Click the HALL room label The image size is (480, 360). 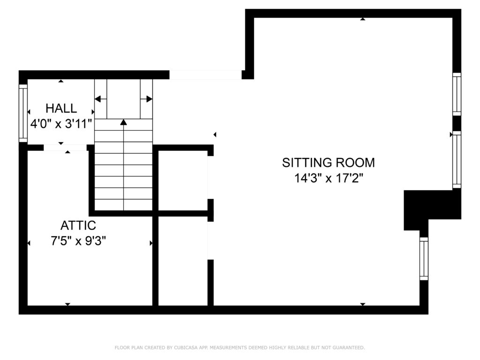coord(61,108)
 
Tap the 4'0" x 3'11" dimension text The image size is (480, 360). coord(61,124)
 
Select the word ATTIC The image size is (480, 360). coord(78,225)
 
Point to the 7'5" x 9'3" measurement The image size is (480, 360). coord(78,241)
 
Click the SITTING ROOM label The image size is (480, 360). coord(329,163)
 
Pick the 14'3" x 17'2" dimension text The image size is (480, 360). coord(329,178)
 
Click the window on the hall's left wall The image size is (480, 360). coord(23,113)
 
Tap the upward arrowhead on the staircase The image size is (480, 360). coord(123,122)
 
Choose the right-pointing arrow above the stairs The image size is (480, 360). coord(146,99)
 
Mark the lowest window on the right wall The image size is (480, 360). coord(424,259)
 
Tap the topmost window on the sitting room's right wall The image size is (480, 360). coord(457,94)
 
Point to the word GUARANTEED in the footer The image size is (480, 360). coord(349,347)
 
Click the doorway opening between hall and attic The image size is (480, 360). coord(65,148)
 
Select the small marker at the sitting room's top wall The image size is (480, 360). coord(363,19)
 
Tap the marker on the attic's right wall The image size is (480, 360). coord(151,243)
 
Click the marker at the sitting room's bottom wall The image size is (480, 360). coord(363,304)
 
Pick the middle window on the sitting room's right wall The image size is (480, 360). coord(457,159)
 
